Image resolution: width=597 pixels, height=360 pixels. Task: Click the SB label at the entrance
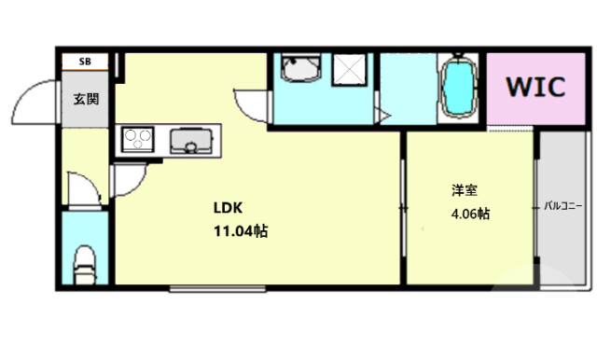click(85, 62)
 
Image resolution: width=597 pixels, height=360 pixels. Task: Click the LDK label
click(228, 207)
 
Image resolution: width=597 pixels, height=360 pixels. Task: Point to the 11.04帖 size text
click(241, 231)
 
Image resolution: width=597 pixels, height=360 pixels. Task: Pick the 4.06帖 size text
click(470, 214)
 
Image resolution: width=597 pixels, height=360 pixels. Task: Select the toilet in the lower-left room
click(85, 262)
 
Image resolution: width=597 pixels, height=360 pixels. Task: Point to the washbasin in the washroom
click(300, 73)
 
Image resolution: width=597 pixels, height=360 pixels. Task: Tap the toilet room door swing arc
click(85, 188)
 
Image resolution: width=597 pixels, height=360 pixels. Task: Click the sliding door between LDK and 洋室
click(402, 206)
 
